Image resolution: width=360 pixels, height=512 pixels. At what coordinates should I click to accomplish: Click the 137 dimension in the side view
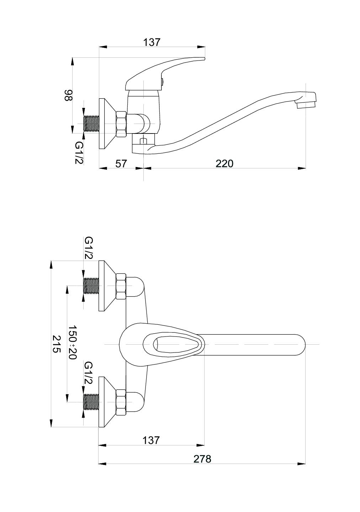pos(152,42)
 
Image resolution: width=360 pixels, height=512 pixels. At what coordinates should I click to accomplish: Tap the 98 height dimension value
pos(68,95)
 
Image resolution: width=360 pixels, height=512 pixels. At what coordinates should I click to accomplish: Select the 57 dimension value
pos(121,164)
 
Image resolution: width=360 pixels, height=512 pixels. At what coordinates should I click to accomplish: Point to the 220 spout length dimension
pos(224,164)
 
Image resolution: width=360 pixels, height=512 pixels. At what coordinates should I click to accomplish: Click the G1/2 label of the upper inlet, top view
pos(89,248)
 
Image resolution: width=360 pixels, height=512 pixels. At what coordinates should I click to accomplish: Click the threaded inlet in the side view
pos(91,124)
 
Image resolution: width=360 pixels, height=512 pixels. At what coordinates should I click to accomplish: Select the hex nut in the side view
pos(121,124)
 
